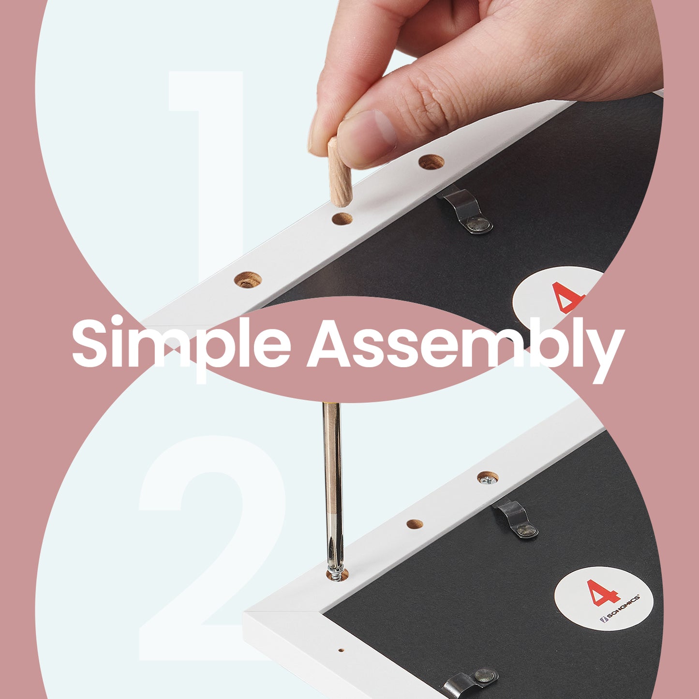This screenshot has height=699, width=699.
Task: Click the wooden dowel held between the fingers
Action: pyautogui.click(x=340, y=172)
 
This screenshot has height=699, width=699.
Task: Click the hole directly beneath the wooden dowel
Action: pyautogui.click(x=342, y=219)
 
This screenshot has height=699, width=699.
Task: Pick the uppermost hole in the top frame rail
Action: pyautogui.click(x=431, y=162)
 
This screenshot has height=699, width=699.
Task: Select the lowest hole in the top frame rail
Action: pyautogui.click(x=248, y=280)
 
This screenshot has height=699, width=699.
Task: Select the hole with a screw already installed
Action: pyautogui.click(x=488, y=477)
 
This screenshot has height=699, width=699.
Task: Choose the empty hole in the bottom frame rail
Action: pyautogui.click(x=415, y=524)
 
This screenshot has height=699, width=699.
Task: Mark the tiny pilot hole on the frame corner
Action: pyautogui.click(x=341, y=651)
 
